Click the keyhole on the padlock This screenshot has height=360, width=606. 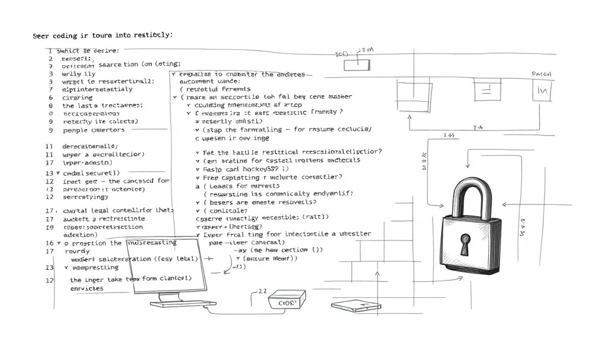coord(465,243)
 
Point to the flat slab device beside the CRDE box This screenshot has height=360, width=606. coord(353,306)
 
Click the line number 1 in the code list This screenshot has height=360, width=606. coord(50,51)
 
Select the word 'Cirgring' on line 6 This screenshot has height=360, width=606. coord(77,97)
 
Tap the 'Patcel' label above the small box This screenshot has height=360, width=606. coord(541,75)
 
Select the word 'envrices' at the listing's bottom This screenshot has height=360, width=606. coord(86,288)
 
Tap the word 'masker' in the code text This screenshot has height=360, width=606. coord(339,96)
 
